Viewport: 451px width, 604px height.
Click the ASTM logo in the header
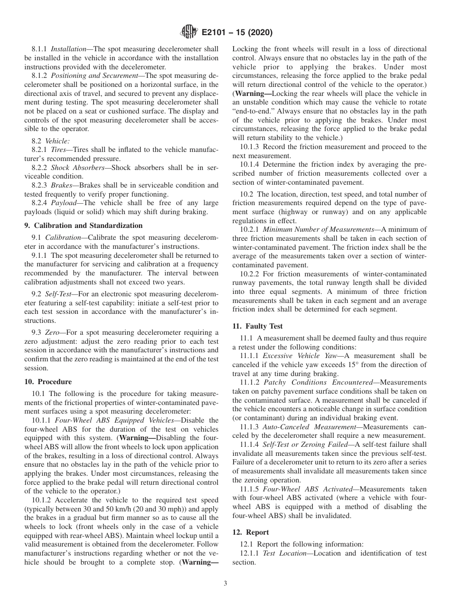pos(189,32)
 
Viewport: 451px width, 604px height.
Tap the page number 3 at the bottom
pos(225,584)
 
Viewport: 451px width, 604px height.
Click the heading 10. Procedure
pos(48,382)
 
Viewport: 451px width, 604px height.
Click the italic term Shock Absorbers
pos(75,168)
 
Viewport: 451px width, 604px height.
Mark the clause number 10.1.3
pos(250,147)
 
